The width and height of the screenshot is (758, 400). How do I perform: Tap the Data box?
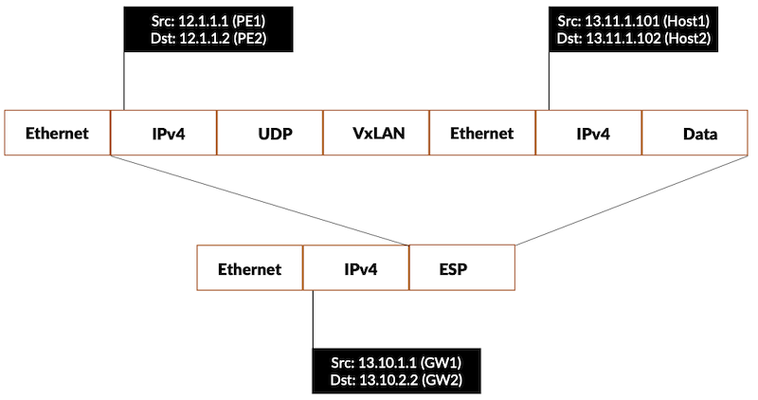point(699,134)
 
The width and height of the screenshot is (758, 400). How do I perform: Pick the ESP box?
point(462,268)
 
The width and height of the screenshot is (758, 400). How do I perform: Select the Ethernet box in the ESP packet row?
point(250,268)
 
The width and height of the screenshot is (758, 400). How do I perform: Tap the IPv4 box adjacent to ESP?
point(356,268)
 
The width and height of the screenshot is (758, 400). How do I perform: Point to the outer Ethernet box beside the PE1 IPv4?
point(58,134)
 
